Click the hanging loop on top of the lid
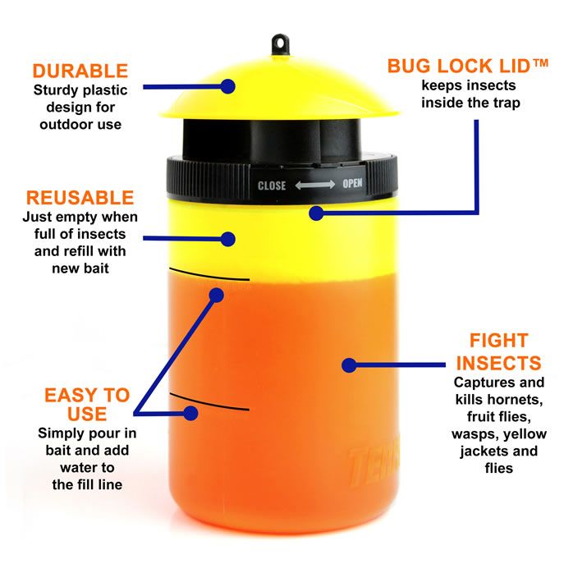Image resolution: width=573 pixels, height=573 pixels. [x=280, y=44]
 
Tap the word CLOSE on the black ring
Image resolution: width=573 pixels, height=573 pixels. [x=272, y=186]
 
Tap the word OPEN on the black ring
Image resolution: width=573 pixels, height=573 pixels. [x=352, y=183]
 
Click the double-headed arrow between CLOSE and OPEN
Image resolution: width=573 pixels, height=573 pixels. [x=314, y=185]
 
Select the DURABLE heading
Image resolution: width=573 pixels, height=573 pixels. [x=80, y=71]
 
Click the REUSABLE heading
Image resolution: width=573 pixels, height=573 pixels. [x=80, y=198]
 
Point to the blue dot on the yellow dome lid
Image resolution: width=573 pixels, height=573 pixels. [x=227, y=87]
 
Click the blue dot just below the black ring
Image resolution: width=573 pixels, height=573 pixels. [x=316, y=213]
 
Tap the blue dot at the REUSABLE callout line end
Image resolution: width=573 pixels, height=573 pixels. [x=227, y=239]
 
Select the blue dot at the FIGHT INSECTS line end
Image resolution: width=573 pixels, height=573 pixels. [x=349, y=365]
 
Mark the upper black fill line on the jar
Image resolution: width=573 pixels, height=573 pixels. [x=209, y=275]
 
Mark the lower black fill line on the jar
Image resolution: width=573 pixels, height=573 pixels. [x=209, y=402]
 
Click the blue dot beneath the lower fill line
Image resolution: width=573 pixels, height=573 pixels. [x=190, y=413]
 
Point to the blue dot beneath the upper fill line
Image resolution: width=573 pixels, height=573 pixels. [x=217, y=295]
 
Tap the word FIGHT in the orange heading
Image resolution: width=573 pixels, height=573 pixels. [x=499, y=341]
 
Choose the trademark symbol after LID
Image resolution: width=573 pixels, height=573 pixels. [x=540, y=63]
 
